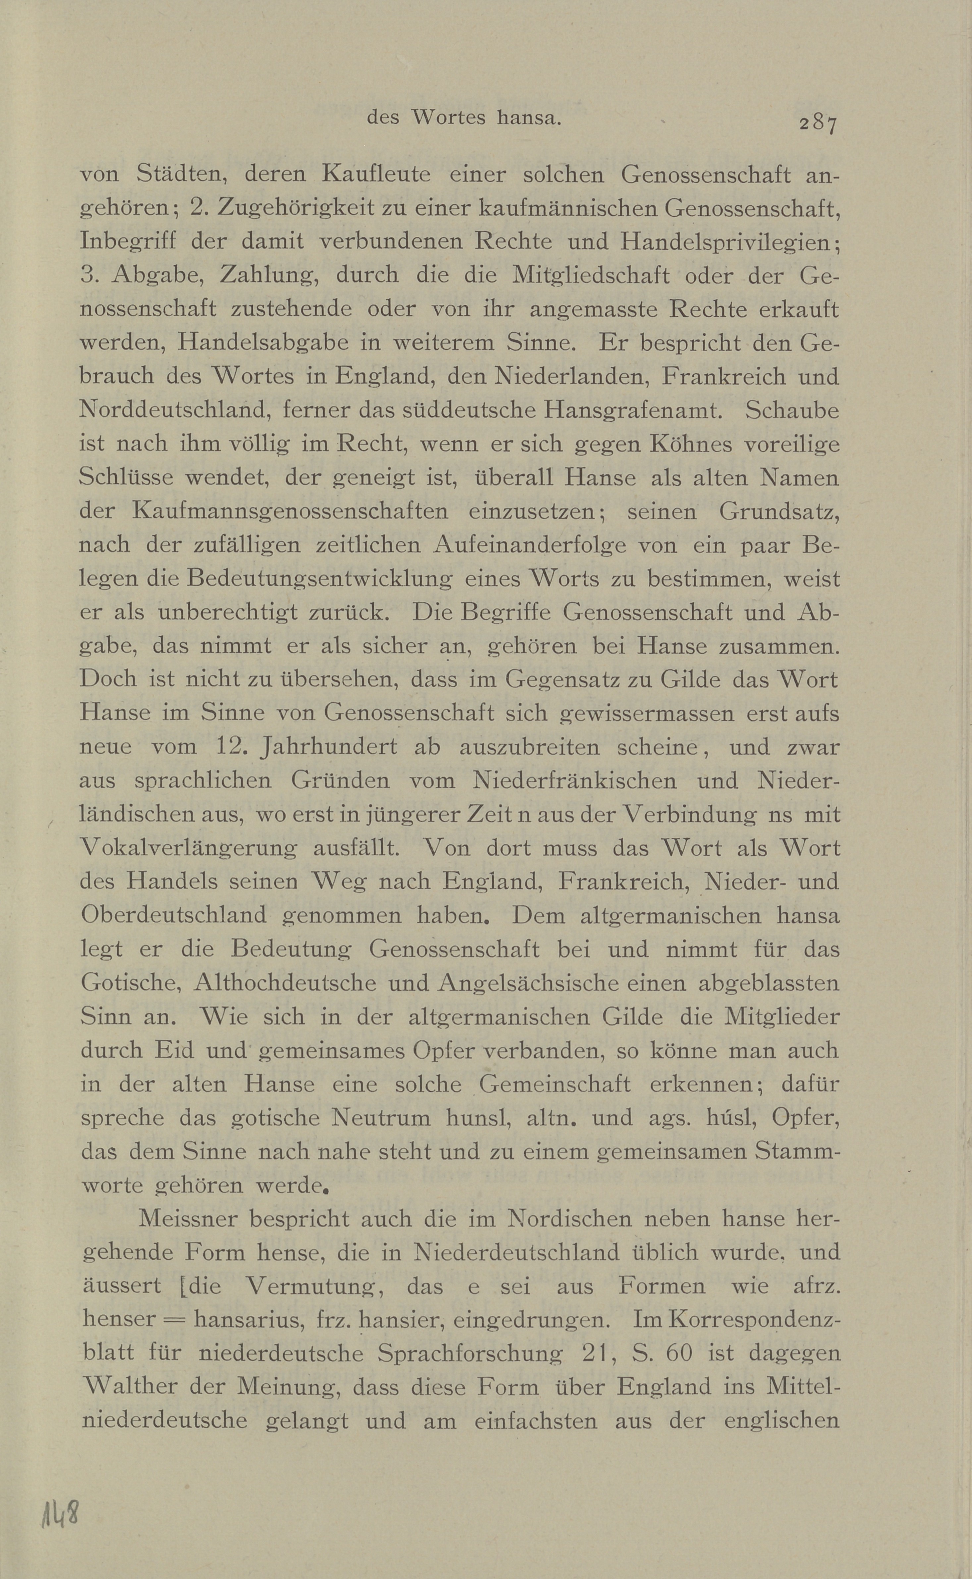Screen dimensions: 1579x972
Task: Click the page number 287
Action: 818,122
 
